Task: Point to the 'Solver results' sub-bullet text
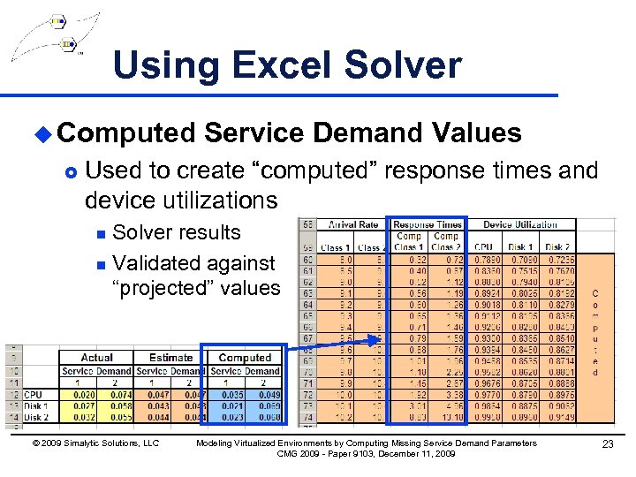click(177, 232)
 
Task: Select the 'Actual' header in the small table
click(96, 358)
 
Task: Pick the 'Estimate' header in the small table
click(170, 358)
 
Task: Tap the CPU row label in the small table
click(33, 395)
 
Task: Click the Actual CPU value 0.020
click(85, 395)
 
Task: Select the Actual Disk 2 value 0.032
click(85, 417)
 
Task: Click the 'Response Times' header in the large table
click(428, 224)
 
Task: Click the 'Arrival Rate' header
click(352, 224)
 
